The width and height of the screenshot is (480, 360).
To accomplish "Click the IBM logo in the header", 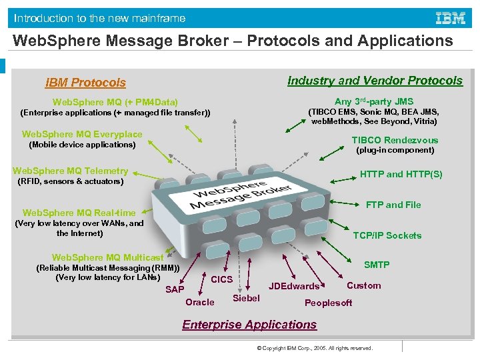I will point(450,18).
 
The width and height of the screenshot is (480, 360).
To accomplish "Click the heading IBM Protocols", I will point(85,83).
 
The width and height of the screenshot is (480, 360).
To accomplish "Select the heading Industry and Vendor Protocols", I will point(375,81).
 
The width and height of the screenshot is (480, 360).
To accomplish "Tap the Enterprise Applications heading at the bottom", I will point(249,325).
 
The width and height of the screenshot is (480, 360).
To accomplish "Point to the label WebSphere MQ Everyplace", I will point(82,134).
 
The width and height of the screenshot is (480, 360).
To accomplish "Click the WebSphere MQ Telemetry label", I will point(70,171).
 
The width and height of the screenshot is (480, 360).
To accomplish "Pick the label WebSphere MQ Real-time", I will point(79,213).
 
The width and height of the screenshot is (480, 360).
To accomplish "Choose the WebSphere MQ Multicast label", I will point(107,257).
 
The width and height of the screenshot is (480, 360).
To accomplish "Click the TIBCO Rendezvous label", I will point(395,140).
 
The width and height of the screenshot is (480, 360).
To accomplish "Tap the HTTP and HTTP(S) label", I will point(401,174).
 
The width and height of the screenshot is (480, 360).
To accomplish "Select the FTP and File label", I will point(393,205).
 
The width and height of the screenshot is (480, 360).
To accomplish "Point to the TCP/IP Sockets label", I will point(387,235).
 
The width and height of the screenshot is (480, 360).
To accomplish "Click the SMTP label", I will point(377,265).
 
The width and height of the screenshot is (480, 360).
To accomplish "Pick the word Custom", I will point(364,285).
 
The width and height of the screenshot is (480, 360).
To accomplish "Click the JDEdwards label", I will point(294,286).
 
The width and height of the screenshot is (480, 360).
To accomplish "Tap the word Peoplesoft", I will point(328,303).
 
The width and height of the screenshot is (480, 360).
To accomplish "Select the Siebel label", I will point(246,298).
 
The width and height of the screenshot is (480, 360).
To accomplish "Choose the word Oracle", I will point(200,302).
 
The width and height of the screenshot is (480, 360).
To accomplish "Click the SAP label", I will point(175,289).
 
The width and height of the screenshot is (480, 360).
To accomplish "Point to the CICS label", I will point(221,279).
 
